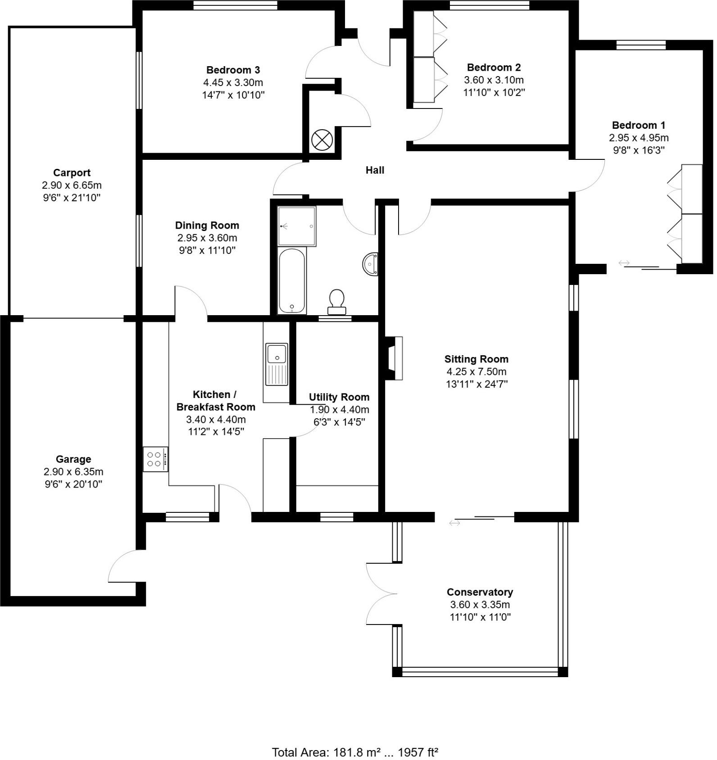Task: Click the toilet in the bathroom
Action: point(337,301)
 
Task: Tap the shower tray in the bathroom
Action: point(297,226)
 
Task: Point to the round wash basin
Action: point(370,264)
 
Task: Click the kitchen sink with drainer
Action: point(277,364)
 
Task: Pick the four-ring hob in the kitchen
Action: point(155,459)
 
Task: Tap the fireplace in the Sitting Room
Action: point(394,358)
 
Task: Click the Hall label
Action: point(375,170)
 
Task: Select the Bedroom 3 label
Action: point(233,70)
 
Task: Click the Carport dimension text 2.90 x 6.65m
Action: point(72,185)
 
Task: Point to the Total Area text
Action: point(355,752)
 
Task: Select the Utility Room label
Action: point(339,397)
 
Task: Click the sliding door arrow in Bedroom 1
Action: point(624,263)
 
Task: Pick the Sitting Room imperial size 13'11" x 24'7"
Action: point(476,384)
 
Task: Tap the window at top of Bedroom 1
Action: point(640,45)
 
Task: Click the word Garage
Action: point(73,459)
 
